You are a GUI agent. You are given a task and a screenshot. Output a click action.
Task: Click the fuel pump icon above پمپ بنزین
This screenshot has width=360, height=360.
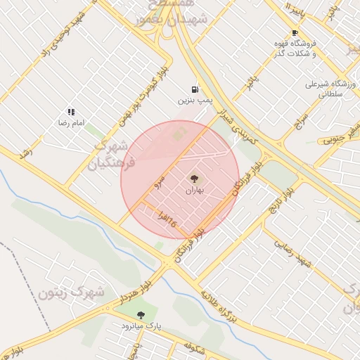click(195, 89)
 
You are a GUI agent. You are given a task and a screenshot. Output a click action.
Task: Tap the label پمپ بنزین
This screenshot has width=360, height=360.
click(195, 101)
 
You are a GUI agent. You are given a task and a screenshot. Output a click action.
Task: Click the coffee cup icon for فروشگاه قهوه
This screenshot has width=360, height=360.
click(294, 33)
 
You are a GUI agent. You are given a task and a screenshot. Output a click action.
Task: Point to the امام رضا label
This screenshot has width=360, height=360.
click(71, 122)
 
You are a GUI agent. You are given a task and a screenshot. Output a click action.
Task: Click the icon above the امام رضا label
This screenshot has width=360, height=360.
click(71, 111)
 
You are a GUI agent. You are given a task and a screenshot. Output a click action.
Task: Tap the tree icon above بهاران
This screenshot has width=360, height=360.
click(195, 179)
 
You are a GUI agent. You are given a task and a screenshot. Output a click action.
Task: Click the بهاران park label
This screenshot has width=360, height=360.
click(195, 191)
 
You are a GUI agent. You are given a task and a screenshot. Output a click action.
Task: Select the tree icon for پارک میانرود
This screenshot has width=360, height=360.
click(141, 316)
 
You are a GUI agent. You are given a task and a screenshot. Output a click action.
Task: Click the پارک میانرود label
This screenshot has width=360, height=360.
click(141, 326)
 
